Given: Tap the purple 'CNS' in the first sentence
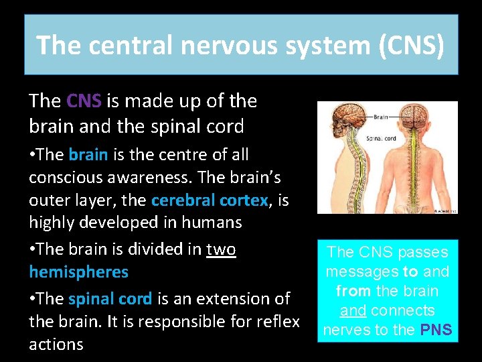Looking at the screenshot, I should (84, 101).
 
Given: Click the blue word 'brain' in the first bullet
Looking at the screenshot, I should (88, 155).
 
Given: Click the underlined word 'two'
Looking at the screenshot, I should (221, 249).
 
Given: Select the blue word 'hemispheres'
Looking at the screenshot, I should (78, 272).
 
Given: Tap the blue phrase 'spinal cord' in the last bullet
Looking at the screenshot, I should (110, 298).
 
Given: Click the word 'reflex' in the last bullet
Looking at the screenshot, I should (275, 322).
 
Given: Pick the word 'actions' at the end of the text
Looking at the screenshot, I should (56, 345).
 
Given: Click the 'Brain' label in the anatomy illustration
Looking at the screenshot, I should (380, 117).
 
